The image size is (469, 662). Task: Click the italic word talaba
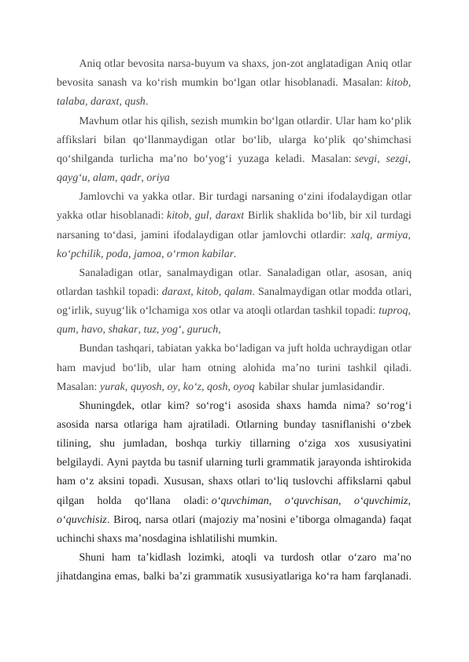click(x=70, y=101)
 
